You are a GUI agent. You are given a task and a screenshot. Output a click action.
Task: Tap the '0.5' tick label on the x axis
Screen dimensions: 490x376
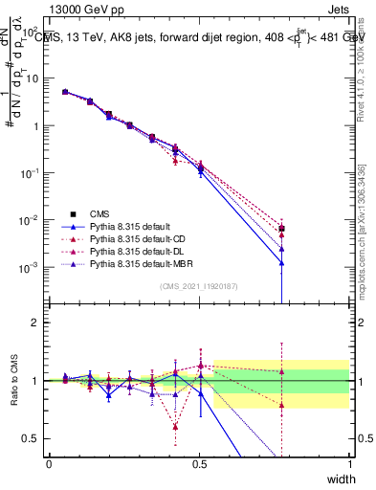tap(200, 464)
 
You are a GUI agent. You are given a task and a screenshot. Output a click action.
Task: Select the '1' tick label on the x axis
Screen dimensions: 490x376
tap(350, 464)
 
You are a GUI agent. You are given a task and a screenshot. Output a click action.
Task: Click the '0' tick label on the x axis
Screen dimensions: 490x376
tap(49, 464)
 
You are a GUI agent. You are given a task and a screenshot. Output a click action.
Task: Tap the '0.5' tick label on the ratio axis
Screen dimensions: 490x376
tap(31, 437)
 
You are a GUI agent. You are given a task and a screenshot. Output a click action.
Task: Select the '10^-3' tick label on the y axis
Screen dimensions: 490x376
tap(30, 267)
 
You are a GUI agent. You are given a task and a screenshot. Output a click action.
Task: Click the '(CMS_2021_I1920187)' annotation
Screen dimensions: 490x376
tap(200, 286)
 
